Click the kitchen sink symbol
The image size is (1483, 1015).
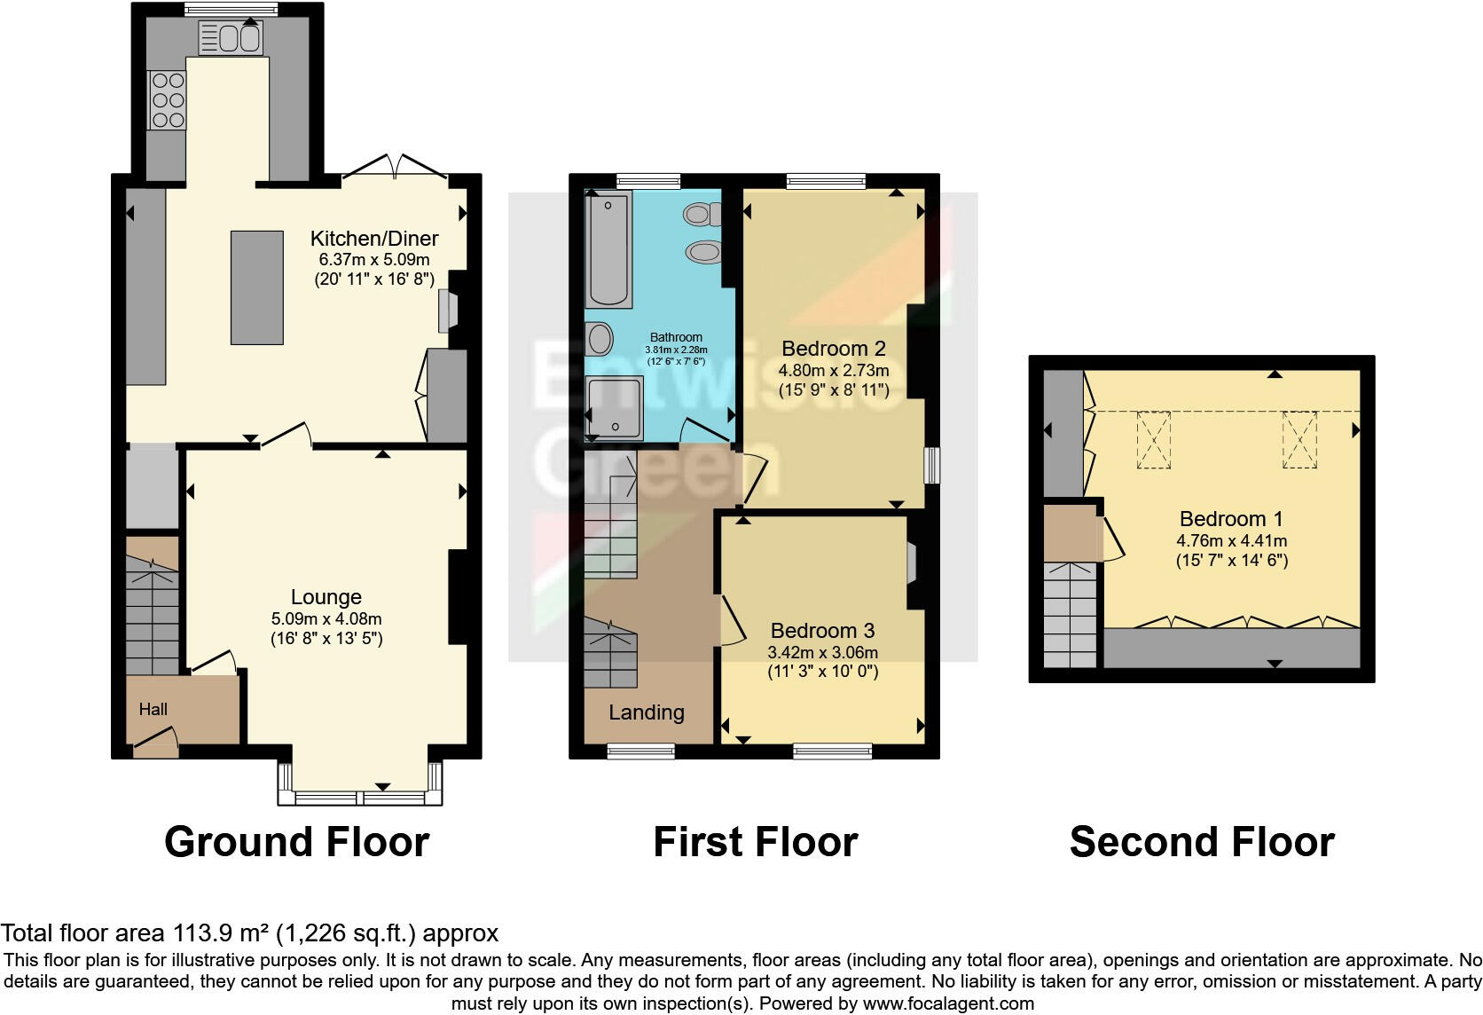(x=231, y=39)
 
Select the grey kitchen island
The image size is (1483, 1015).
(x=257, y=287)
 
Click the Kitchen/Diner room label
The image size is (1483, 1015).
(x=373, y=238)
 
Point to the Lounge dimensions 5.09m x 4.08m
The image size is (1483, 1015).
(x=326, y=618)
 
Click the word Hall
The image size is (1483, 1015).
(x=153, y=709)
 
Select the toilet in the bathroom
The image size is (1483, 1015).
(x=702, y=214)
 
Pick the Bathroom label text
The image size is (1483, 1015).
(x=676, y=337)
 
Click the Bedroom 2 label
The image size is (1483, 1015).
(x=833, y=348)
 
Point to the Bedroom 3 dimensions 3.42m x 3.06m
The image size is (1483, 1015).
(x=822, y=652)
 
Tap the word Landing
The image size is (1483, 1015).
(x=646, y=712)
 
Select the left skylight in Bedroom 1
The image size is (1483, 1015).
(x=1153, y=439)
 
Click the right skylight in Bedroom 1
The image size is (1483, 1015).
(x=1299, y=439)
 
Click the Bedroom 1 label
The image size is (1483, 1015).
(x=1231, y=519)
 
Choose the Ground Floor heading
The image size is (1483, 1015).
(x=296, y=841)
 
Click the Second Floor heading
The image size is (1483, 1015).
(x=1201, y=841)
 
